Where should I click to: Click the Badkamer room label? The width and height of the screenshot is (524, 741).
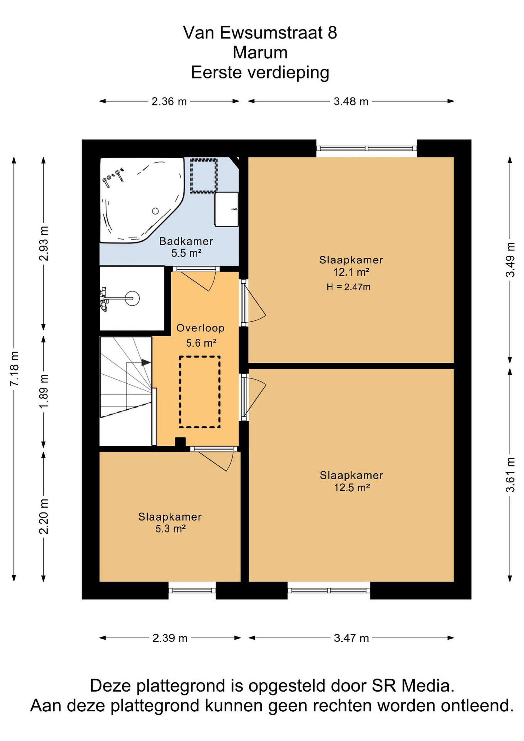tap(186, 241)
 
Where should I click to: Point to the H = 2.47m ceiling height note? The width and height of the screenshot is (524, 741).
tap(349, 287)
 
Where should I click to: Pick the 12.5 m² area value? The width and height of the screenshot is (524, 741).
tap(352, 487)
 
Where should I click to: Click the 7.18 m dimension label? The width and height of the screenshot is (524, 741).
tap(14, 368)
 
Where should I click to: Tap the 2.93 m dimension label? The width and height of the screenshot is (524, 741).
tap(43, 243)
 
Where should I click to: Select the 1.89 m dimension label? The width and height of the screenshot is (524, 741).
tap(43, 391)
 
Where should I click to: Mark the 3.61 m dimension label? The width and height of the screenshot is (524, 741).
tap(510, 474)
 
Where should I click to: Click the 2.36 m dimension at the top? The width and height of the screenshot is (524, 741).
tap(169, 101)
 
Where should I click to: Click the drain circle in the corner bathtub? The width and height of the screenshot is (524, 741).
tap(155, 211)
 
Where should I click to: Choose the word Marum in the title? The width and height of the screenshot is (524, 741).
tap(260, 52)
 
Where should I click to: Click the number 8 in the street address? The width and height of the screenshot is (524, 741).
tap(333, 33)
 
